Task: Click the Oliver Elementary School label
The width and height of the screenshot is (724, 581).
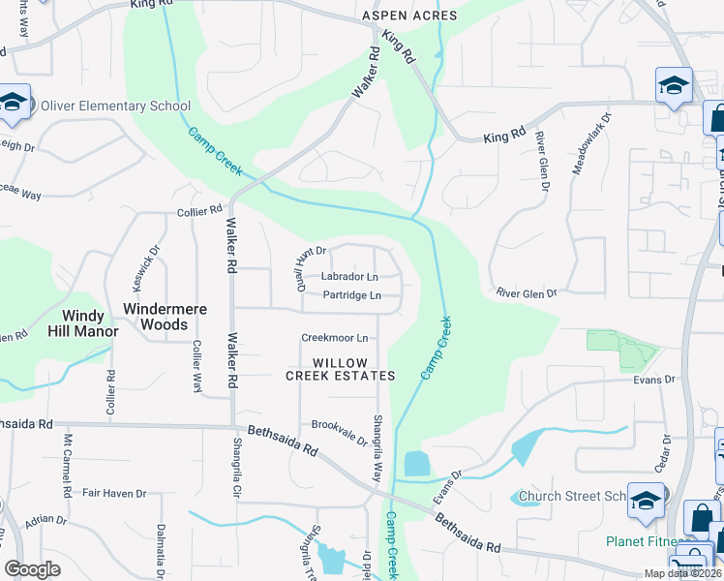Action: click(x=115, y=107)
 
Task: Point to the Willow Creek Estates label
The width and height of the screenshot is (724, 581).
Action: click(x=340, y=368)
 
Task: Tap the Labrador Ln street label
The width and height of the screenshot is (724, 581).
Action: click(x=349, y=277)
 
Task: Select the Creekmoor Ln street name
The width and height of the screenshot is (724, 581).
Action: click(x=335, y=338)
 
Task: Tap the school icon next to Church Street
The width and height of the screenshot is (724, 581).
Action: click(x=646, y=501)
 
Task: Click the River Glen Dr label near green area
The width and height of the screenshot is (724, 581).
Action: click(x=527, y=292)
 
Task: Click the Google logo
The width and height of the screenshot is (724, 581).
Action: click(x=32, y=568)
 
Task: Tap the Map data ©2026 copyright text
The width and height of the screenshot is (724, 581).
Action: click(x=681, y=573)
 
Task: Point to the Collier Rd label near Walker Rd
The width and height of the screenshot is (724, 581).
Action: click(x=200, y=209)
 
